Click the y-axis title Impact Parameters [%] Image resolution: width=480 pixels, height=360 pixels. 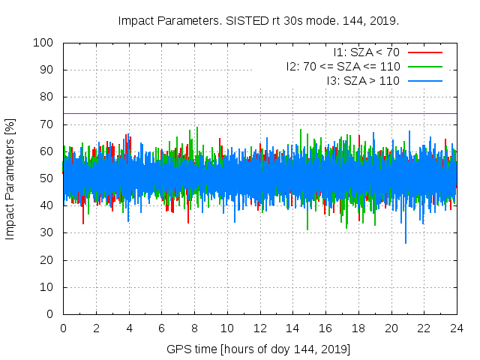tap(10, 178)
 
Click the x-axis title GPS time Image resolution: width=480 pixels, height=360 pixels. tap(259, 349)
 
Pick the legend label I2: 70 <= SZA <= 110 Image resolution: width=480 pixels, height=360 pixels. tap(343, 66)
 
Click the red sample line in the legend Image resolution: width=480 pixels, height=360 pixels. tap(424, 52)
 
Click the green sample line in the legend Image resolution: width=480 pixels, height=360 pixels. tap(424, 66)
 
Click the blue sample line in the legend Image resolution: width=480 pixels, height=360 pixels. tap(424, 80)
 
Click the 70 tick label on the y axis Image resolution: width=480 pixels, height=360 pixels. tap(48, 124)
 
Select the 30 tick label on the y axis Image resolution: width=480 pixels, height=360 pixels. tap(48, 233)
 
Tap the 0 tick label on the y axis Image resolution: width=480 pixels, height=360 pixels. tap(51, 314)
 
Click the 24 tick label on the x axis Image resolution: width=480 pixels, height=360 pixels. tap(456, 328)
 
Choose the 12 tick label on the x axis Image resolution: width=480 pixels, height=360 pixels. tap(259, 328)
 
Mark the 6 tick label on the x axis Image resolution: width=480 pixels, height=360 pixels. tap(161, 328)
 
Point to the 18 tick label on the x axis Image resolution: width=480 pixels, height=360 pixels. tap(358, 328)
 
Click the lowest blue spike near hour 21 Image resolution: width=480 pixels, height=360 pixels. tap(406, 241)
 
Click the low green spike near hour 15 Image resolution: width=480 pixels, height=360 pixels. tap(307, 228)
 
